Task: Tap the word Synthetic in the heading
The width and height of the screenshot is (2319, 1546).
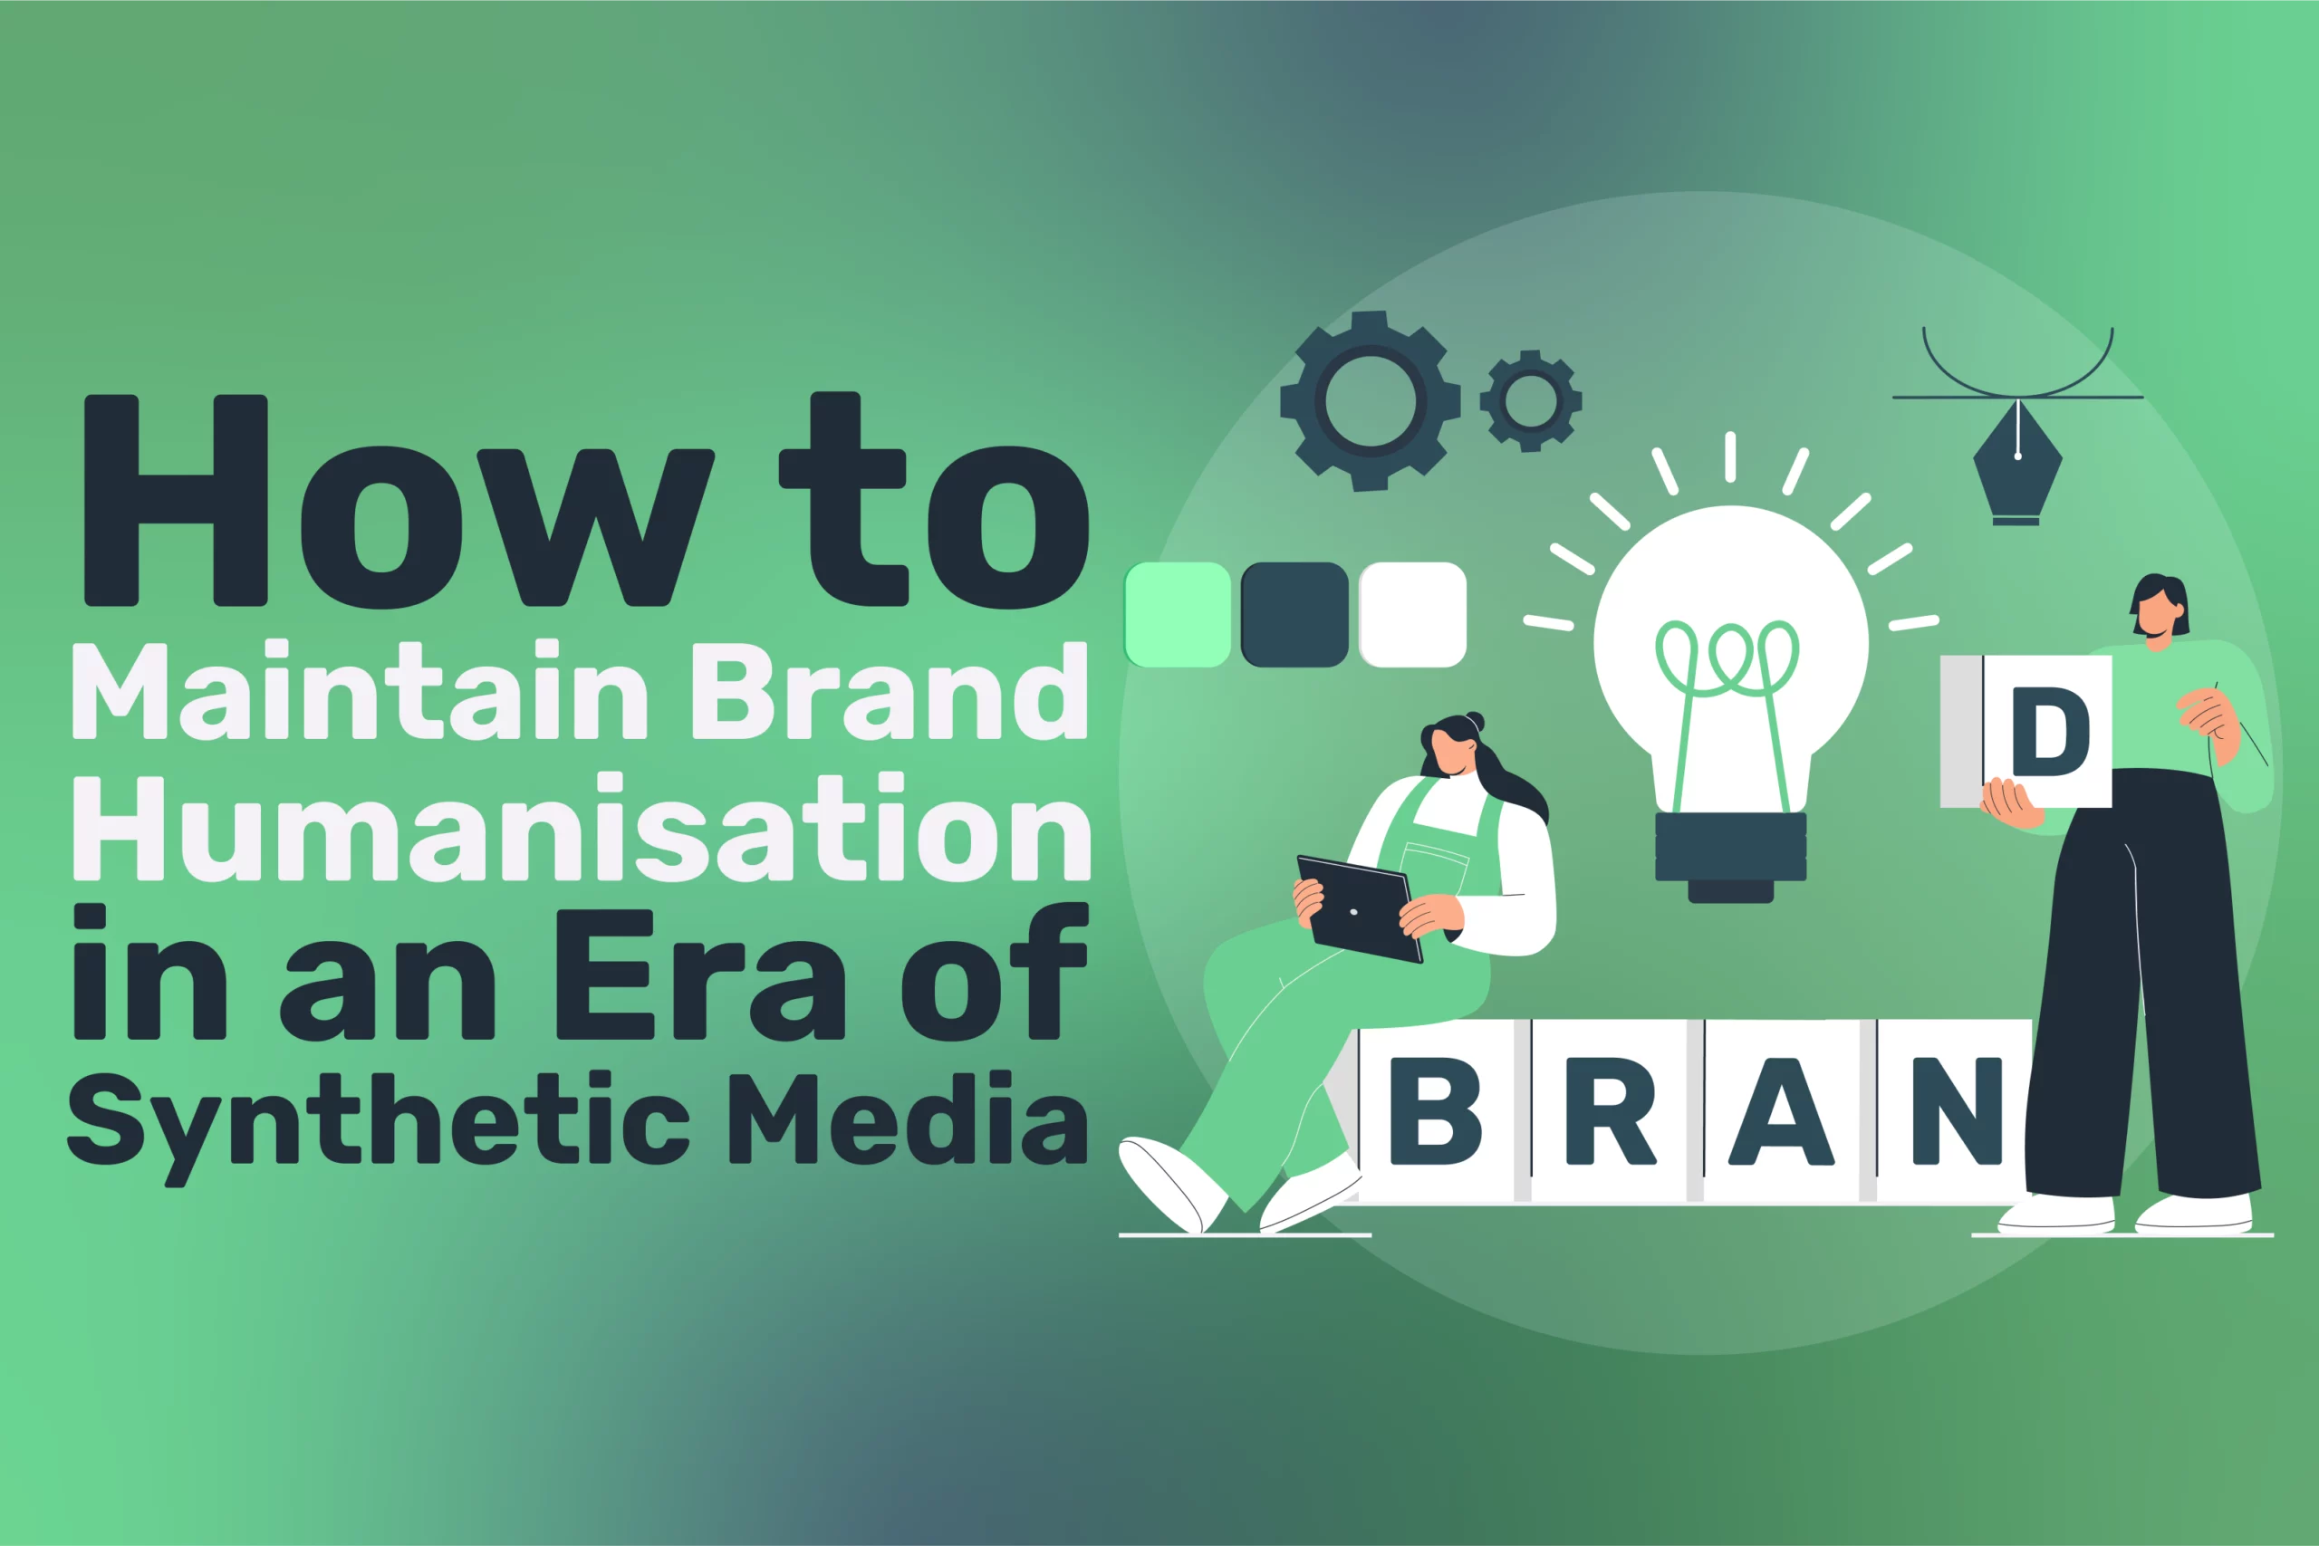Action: pyautogui.click(x=379, y=1124)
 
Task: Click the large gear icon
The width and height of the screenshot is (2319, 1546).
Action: pyautogui.click(x=1371, y=400)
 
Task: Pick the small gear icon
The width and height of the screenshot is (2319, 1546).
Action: pyautogui.click(x=1530, y=400)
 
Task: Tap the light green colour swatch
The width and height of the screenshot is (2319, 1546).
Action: pyautogui.click(x=1178, y=614)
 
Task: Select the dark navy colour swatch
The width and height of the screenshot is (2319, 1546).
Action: pyautogui.click(x=1294, y=614)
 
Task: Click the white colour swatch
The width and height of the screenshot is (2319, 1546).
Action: pyautogui.click(x=1413, y=614)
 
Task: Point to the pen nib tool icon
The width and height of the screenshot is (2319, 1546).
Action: pyautogui.click(x=2017, y=461)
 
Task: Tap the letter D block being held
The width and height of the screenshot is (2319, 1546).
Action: pyautogui.click(x=2026, y=731)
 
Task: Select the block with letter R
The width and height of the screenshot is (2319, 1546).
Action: pyautogui.click(x=1610, y=1111)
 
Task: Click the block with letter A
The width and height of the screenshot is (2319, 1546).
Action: pyautogui.click(x=1783, y=1111)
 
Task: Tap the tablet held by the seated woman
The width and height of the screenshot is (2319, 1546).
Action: pyautogui.click(x=1359, y=909)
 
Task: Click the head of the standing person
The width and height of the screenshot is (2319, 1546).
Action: pyautogui.click(x=2160, y=610)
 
